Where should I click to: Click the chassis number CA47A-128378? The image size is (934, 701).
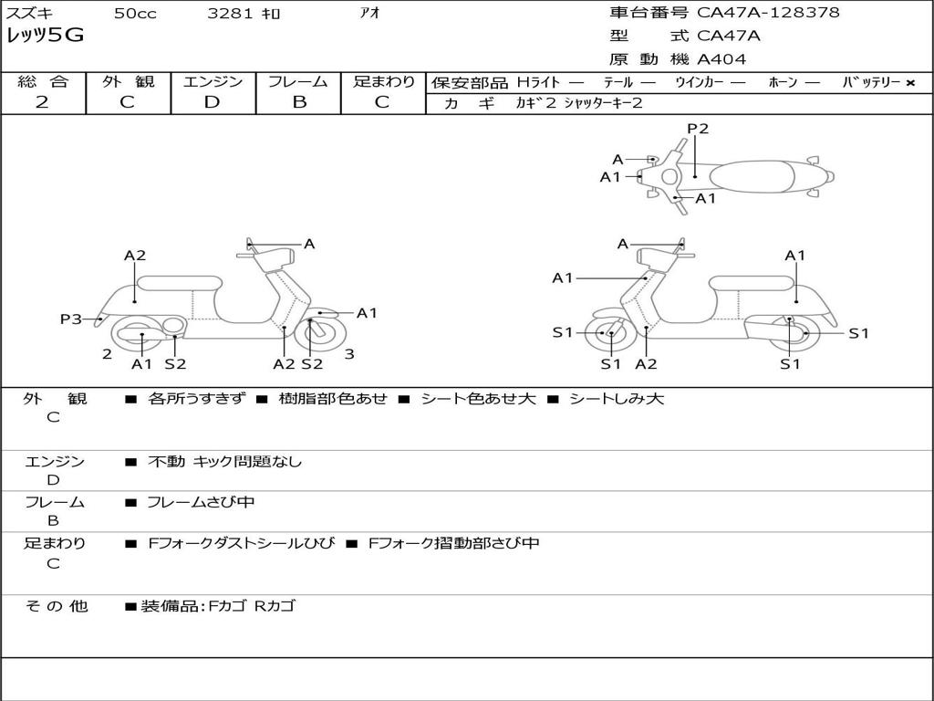pos(768,13)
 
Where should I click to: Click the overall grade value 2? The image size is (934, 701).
pos(42,102)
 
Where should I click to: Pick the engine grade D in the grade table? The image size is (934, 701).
pos(212,102)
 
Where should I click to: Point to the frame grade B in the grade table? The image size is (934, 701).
pos(298,102)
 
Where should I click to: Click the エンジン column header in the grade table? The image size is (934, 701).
pos(213,82)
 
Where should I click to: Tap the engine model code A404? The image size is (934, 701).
pos(721,59)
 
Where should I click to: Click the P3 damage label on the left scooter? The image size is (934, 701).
pos(70,319)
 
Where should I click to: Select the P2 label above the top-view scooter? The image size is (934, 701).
pos(698,129)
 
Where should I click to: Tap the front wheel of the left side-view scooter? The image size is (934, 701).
pos(315,334)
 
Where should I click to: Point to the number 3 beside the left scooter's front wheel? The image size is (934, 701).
pos(349,354)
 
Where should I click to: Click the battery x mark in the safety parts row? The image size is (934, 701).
pos(909,82)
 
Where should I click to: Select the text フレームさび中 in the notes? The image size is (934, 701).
pos(201,502)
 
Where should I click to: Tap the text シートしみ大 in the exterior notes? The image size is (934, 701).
pos(617,399)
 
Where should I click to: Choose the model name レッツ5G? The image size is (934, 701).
pos(45,37)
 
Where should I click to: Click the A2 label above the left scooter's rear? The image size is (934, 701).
pos(135,256)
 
